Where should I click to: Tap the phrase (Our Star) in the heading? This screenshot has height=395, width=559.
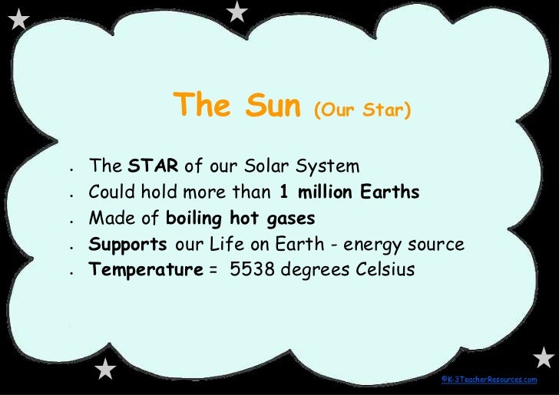click(362, 112)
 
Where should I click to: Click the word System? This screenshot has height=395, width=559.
click(328, 167)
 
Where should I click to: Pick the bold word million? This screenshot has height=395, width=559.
click(327, 193)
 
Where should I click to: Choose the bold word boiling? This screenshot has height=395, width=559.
click(192, 219)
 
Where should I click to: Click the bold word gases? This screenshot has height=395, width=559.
click(290, 219)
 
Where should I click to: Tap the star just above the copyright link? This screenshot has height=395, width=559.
click(543, 357)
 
